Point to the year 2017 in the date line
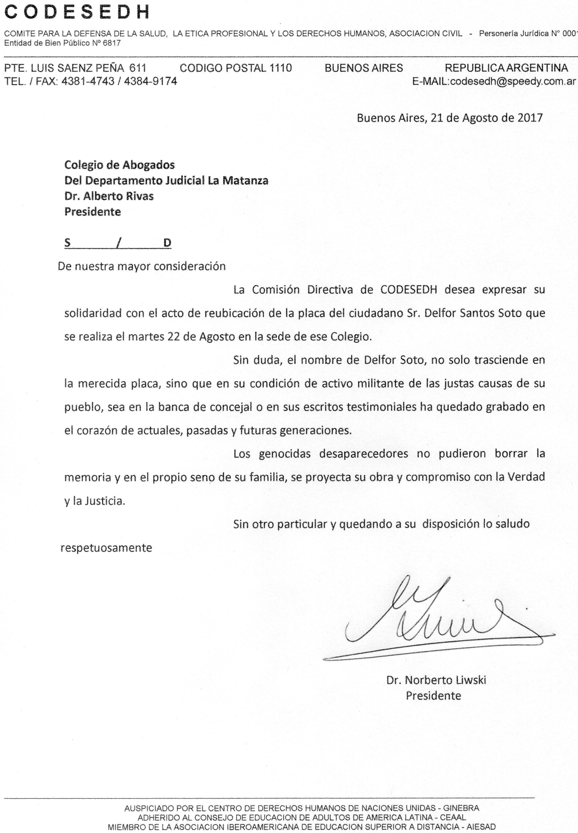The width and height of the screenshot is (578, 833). point(529,118)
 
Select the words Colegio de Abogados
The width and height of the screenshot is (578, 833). point(120,165)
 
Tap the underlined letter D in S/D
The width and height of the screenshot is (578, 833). point(167,243)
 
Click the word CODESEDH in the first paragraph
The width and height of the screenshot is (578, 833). point(409,290)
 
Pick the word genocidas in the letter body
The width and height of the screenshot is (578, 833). point(285,454)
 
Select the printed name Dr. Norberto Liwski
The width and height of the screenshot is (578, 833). point(436,680)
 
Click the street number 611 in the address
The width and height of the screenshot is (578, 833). point(138,68)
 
